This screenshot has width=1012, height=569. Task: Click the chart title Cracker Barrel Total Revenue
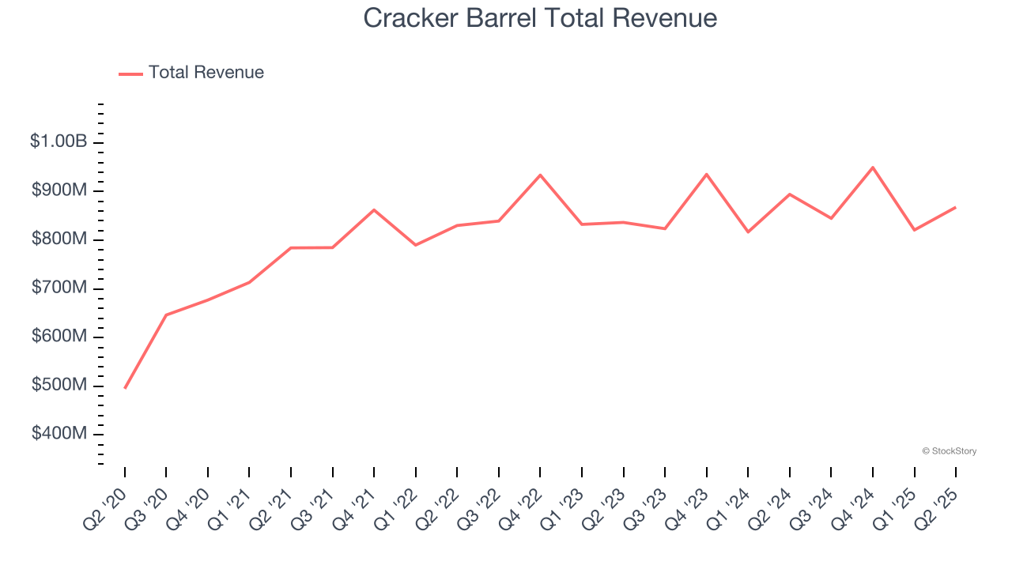pyautogui.click(x=540, y=18)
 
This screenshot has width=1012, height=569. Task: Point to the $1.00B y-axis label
pyautogui.click(x=59, y=142)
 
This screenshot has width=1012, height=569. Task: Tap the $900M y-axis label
pyautogui.click(x=59, y=190)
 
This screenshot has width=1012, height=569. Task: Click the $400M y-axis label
pyautogui.click(x=59, y=434)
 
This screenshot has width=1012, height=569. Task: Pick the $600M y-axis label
pyautogui.click(x=59, y=337)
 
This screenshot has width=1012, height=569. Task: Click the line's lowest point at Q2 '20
pyautogui.click(x=125, y=388)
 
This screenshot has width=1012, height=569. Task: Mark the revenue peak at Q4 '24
pyautogui.click(x=873, y=168)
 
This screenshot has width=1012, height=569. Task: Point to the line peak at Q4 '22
pyautogui.click(x=540, y=175)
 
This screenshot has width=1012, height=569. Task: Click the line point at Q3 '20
pyautogui.click(x=166, y=315)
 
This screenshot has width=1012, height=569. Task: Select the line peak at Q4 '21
pyautogui.click(x=374, y=209)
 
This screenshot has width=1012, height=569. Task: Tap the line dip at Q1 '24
pyautogui.click(x=748, y=232)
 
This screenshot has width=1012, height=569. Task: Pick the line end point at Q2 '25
pyautogui.click(x=955, y=207)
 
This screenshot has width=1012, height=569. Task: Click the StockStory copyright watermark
pyautogui.click(x=949, y=451)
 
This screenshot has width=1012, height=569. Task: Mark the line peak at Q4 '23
pyautogui.click(x=706, y=174)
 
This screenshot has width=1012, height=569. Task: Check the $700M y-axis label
pyautogui.click(x=59, y=288)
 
